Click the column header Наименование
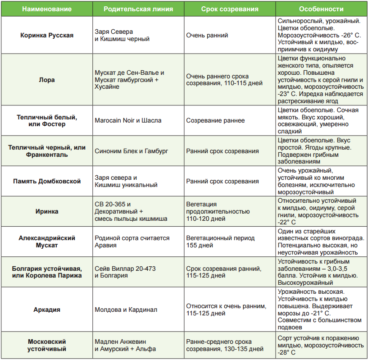pyautogui.click(x=46, y=9)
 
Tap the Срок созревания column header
pyautogui.click(x=229, y=9)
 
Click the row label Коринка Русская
pyautogui.click(x=47, y=35)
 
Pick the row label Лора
pyautogui.click(x=47, y=80)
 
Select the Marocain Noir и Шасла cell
pyautogui.click(x=128, y=120)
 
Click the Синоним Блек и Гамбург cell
pyautogui.click(x=132, y=151)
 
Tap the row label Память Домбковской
pyautogui.click(x=47, y=181)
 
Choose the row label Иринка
pyautogui.click(x=47, y=211)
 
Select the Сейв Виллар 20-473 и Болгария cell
pyautogui.click(x=125, y=272)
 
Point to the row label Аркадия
pyautogui.click(x=47, y=310)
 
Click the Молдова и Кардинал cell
pyautogui.click(x=126, y=310)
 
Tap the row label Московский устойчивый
pyautogui.click(x=47, y=345)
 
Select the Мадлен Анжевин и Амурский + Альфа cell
pyautogui.click(x=125, y=345)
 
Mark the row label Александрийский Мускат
pyautogui.click(x=47, y=242)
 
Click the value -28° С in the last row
pyautogui.click(x=287, y=352)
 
